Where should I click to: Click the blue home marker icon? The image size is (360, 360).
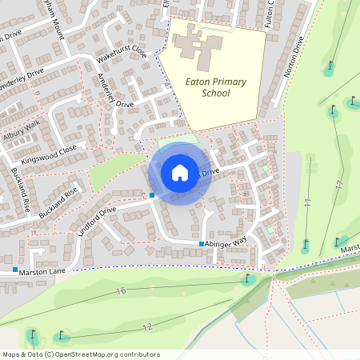180,172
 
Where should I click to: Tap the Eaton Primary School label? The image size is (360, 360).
216,87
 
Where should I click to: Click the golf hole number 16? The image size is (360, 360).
121,290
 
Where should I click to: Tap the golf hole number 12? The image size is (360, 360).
148,327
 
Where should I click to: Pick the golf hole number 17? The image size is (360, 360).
339,184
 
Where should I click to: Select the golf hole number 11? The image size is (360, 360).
306,205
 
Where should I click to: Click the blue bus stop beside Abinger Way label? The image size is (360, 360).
202,243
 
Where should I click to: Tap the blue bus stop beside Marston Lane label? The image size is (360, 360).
15,269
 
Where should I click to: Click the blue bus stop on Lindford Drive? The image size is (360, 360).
152,194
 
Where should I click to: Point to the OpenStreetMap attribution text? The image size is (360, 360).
81,354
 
